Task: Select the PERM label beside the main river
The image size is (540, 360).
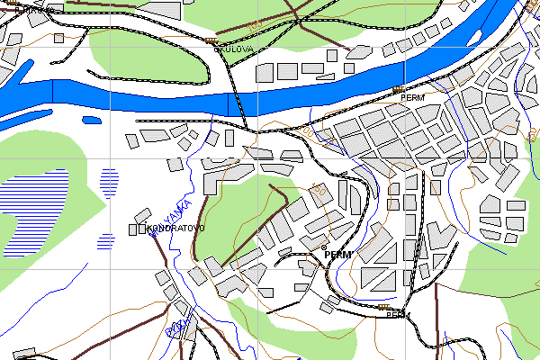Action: tap(412, 95)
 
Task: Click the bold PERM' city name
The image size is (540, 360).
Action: tap(337, 255)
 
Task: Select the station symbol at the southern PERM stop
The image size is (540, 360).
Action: tap(384, 308)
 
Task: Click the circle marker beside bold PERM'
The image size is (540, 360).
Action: tap(324, 247)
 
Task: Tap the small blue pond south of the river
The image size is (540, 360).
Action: tap(91, 119)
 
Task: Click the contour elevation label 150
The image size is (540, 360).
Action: tap(317, 190)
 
